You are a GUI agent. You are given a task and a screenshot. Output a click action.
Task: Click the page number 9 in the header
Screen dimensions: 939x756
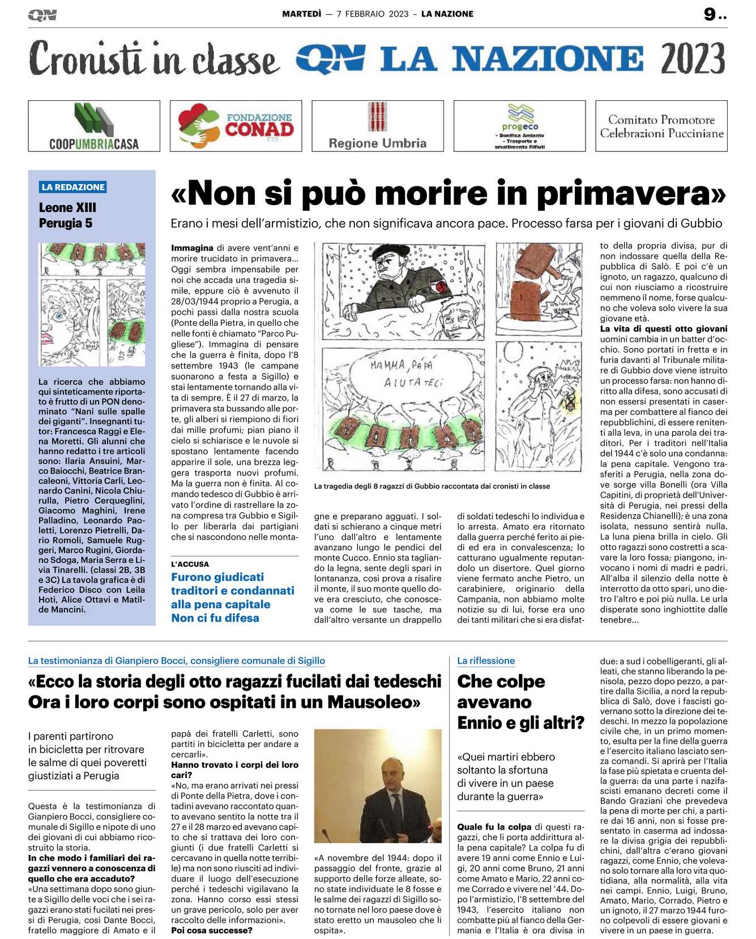click(x=710, y=15)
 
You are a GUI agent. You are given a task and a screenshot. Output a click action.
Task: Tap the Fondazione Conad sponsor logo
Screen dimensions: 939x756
click(x=236, y=126)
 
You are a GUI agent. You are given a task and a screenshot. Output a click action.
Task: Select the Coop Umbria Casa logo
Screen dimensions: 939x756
click(x=94, y=126)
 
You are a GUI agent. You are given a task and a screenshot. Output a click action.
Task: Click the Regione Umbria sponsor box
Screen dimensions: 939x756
click(x=378, y=126)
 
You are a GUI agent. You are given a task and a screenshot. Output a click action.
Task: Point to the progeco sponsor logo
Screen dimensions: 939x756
click(x=519, y=126)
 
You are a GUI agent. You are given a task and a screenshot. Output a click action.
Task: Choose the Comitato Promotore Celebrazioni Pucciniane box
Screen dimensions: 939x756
click(x=661, y=126)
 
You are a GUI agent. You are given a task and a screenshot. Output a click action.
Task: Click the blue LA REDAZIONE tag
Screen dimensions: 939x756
click(x=73, y=187)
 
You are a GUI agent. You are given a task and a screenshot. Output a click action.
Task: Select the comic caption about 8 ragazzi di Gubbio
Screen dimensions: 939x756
click(x=432, y=486)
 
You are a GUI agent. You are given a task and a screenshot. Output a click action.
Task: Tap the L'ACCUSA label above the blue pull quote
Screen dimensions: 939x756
click(x=190, y=564)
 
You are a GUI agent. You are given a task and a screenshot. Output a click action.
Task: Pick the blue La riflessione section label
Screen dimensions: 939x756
click(x=486, y=661)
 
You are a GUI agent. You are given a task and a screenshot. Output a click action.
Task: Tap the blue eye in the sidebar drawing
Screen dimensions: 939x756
click(x=59, y=317)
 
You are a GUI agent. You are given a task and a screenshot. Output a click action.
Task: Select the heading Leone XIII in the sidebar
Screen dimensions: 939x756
click(x=67, y=207)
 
